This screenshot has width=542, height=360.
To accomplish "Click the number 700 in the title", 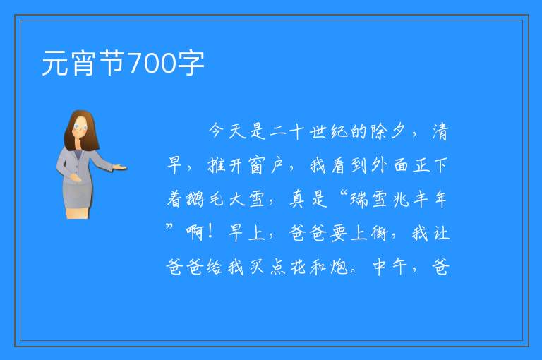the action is (x=152, y=63).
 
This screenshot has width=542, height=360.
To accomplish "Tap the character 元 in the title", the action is (x=55, y=64).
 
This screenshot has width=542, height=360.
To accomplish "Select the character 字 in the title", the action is (x=191, y=64).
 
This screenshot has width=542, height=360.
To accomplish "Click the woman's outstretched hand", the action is (x=119, y=168).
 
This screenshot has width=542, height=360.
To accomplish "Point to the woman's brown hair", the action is (x=81, y=130).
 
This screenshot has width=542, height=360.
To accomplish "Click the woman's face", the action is (x=80, y=127).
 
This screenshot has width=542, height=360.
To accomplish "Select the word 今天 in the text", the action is (x=227, y=131).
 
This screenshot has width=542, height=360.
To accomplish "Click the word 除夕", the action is (x=388, y=131).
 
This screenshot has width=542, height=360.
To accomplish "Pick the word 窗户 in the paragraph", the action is (x=267, y=165).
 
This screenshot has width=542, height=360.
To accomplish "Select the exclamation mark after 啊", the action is (x=210, y=232).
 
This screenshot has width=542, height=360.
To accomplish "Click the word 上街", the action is (x=370, y=234).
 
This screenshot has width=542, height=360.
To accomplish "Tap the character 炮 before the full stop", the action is (x=339, y=268).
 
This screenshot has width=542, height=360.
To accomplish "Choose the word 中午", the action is (x=390, y=268).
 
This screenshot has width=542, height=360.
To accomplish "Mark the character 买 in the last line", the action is (x=256, y=268).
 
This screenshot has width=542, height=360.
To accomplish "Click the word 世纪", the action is (x=328, y=131).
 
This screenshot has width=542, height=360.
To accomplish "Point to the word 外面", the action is (x=390, y=165).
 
